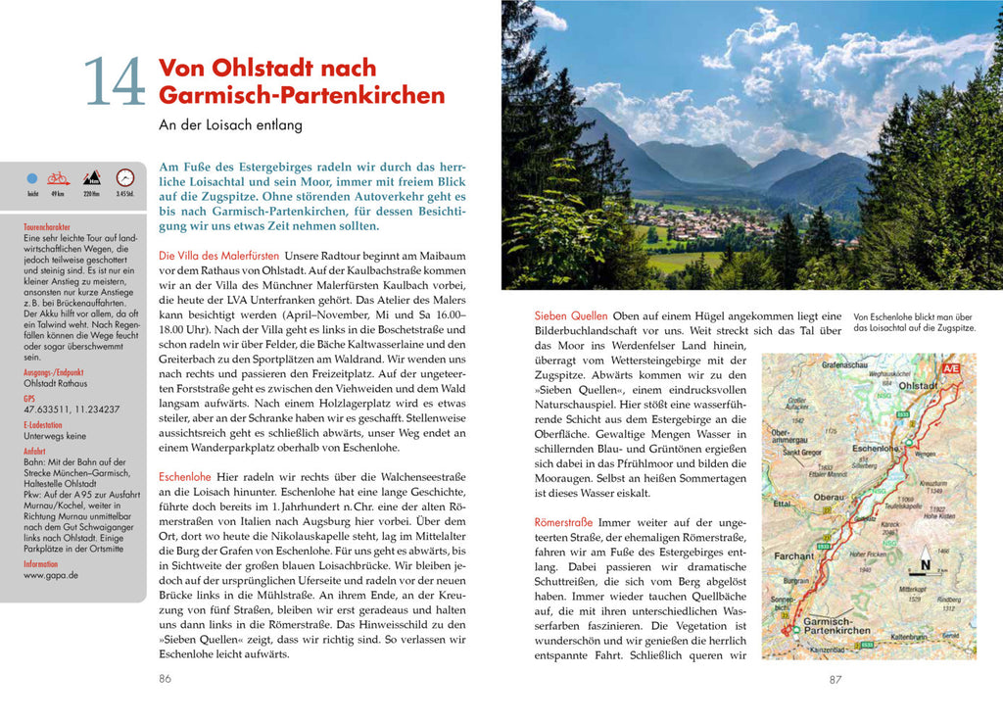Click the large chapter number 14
115,82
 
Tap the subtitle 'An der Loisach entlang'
230,125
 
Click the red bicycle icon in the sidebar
59,178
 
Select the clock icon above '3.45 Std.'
124,178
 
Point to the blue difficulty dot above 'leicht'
32,179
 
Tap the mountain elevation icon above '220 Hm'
91,178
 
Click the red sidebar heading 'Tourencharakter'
53,227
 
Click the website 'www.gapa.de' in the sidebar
51,576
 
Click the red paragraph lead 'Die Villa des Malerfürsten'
218,256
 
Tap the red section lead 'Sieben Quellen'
570,315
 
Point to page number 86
165,677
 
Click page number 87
835,678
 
